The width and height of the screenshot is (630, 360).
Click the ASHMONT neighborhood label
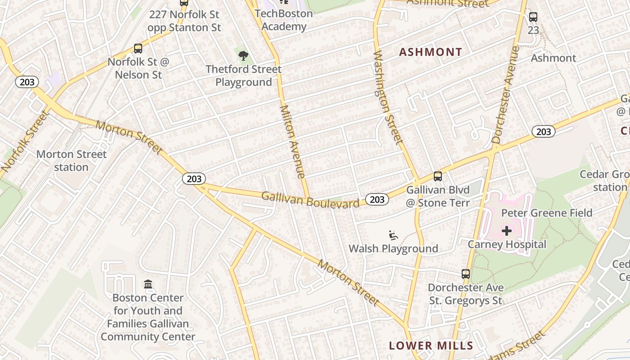[431, 52]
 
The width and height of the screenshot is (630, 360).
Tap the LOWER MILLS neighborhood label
[431, 346]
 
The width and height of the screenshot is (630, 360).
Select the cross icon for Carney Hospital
[507, 231]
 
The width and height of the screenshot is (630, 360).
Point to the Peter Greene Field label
[547, 213]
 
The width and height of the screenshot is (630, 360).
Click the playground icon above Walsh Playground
[393, 235]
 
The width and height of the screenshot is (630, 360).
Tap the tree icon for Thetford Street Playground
[243, 56]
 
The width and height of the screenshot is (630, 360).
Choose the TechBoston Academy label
[283, 20]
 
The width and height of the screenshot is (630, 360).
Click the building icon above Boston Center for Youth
[148, 284]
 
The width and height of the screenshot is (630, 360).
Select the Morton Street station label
[71, 161]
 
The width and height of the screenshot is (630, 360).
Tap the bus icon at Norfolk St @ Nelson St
[138, 49]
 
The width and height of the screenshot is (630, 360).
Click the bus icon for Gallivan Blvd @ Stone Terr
[438, 176]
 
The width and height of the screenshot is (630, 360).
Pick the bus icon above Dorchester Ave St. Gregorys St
[466, 274]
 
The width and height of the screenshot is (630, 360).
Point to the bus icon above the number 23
[533, 17]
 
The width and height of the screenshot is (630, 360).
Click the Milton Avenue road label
[293, 142]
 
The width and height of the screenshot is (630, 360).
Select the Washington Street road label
[387, 97]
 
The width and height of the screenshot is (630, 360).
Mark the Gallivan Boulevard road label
[310, 200]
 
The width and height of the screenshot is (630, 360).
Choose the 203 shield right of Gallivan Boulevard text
[377, 199]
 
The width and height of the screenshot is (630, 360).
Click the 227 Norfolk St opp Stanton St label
[184, 21]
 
